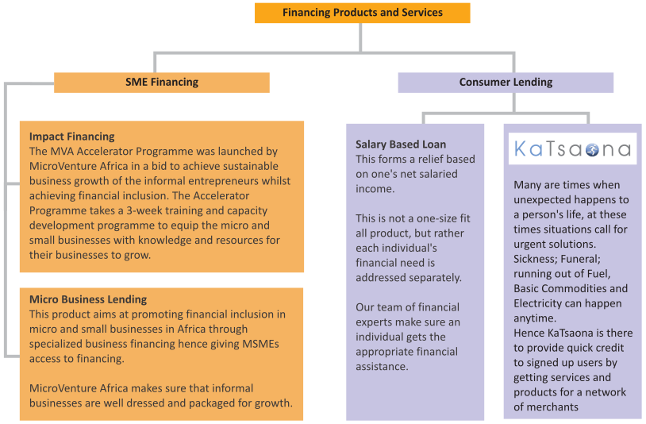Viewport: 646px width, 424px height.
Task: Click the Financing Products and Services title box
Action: [362, 13]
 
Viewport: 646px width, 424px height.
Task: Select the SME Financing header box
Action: [162, 82]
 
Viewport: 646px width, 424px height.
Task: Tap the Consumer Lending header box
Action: [506, 82]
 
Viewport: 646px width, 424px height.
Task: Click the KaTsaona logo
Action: [572, 149]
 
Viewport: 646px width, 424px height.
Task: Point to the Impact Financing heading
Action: [72, 137]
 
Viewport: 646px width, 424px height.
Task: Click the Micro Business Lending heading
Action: [88, 299]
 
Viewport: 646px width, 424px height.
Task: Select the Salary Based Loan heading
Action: [401, 145]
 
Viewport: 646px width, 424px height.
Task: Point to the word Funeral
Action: [586, 259]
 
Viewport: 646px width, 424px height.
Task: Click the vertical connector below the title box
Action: [362, 37]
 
